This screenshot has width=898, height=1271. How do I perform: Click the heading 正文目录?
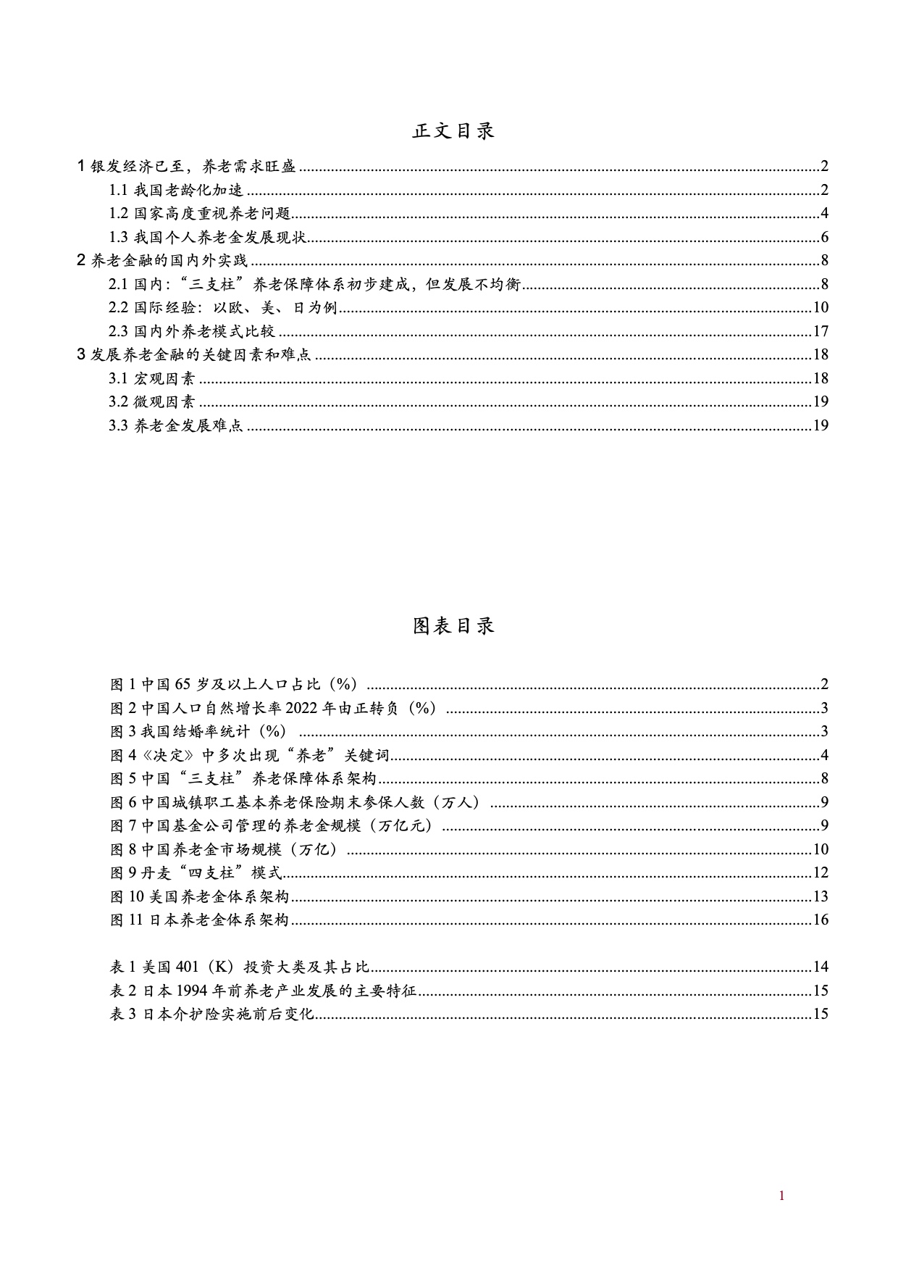point(453,131)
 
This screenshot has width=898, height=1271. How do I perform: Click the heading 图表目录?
point(453,626)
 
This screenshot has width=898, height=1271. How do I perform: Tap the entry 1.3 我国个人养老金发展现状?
point(210,238)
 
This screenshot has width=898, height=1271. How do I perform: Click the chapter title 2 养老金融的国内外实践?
point(163,261)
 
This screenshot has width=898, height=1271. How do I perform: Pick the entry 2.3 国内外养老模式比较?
point(193,332)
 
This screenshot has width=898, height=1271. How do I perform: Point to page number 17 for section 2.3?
point(821,332)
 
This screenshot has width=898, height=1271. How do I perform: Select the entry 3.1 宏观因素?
point(152,379)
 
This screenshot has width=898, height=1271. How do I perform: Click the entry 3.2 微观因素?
point(152,402)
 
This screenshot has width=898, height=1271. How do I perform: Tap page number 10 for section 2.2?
point(821,308)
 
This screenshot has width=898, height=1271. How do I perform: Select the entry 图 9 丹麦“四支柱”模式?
point(196,873)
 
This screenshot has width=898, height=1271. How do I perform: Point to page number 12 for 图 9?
point(821,873)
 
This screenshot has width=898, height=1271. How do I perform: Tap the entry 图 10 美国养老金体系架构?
point(199,897)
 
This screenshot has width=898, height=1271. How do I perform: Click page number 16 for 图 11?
point(821,920)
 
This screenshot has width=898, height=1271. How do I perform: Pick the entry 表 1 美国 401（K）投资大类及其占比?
point(240,967)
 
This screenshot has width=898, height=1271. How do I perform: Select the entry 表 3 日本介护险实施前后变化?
point(211,1014)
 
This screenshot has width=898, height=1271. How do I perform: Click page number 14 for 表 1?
point(821,967)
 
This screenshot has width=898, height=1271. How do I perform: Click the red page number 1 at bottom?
point(781,1196)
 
